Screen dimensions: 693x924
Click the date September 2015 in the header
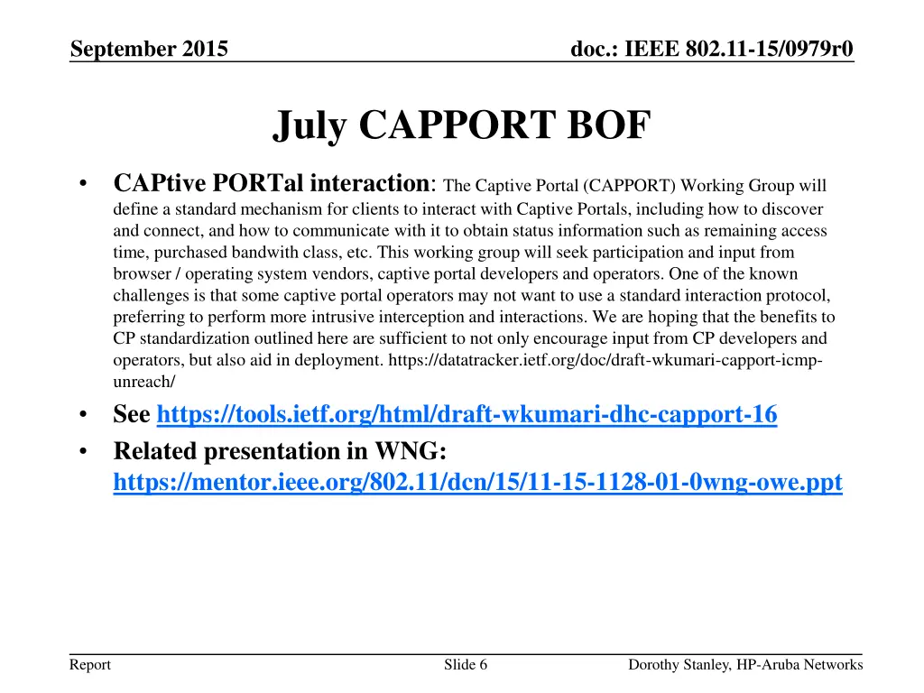point(149,49)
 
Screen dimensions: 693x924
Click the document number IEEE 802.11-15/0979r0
point(713,49)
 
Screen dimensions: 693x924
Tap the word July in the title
point(309,125)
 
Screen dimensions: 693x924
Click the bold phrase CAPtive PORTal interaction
point(273,183)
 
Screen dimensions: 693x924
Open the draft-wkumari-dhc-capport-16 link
point(467,415)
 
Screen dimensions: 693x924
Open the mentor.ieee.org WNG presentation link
point(477,484)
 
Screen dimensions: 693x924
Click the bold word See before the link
point(132,415)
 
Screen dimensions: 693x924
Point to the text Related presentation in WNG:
point(281,450)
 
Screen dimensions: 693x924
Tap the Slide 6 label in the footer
point(466,665)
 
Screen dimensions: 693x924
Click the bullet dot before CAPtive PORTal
point(82,185)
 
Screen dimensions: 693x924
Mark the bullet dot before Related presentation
point(82,451)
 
